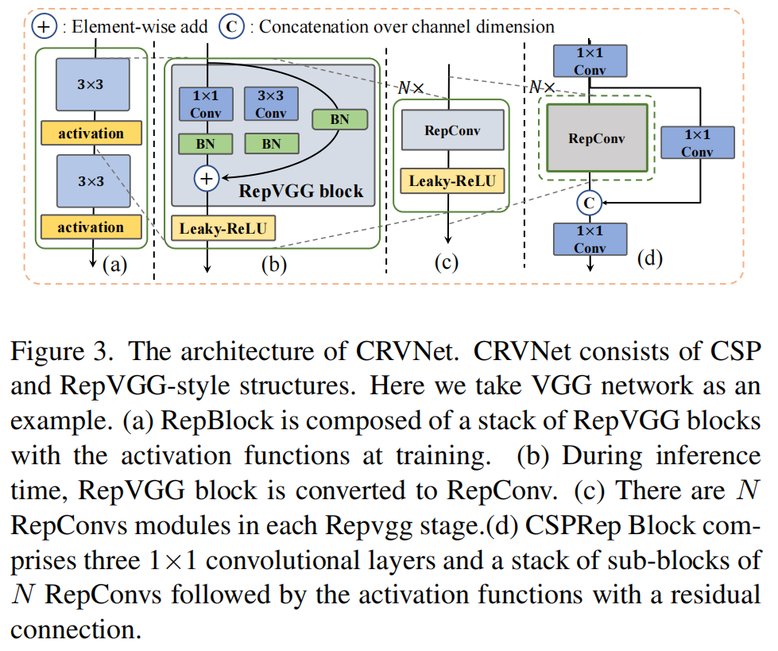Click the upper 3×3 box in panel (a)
pyautogui.click(x=91, y=83)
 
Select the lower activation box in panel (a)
pyautogui.click(x=91, y=227)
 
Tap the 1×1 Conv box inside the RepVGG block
pyautogui.click(x=199, y=104)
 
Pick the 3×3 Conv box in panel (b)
pyautogui.click(x=271, y=104)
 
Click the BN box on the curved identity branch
pyautogui.click(x=339, y=119)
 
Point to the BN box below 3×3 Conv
pyautogui.click(x=271, y=144)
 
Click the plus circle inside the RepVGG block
pyautogui.click(x=206, y=179)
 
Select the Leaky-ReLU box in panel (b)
pyautogui.click(x=223, y=230)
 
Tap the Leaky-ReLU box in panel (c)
pyautogui.click(x=452, y=181)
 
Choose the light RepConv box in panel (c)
pyautogui.click(x=452, y=130)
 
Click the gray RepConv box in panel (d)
pyautogui.click(x=597, y=138)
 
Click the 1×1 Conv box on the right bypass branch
pyautogui.click(x=697, y=142)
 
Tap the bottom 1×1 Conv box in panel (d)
pyautogui.click(x=589, y=239)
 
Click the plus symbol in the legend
pyautogui.click(x=44, y=26)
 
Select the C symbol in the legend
pyautogui.click(x=230, y=26)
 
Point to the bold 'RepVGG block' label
pyautogui.click(x=301, y=191)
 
